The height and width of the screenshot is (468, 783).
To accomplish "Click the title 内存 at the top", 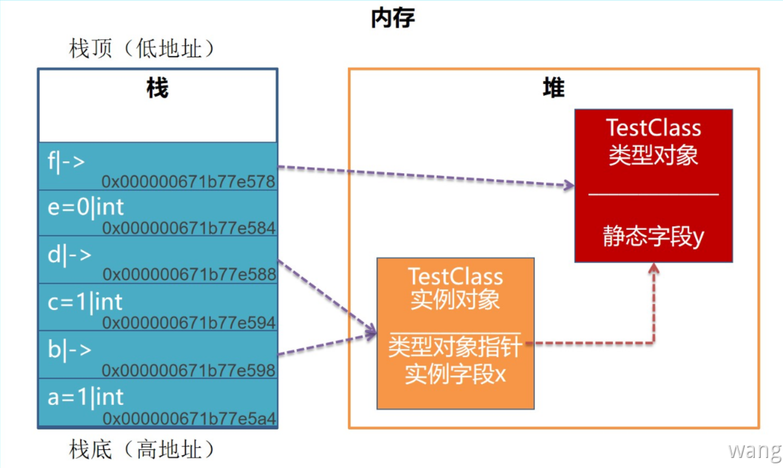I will [392, 18].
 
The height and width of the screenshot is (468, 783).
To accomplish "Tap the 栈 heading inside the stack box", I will [157, 88].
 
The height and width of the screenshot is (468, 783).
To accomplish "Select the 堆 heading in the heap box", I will [553, 88].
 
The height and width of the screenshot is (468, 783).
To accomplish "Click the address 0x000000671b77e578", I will [188, 181].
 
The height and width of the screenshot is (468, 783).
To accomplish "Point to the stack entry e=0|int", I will [85, 207].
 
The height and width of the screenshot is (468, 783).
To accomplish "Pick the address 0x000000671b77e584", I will [189, 228].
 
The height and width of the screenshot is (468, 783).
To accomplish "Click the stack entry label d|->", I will [69, 255].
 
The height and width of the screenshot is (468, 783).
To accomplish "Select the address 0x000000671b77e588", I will [189, 274].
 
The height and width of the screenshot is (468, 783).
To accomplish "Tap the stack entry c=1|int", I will [85, 302].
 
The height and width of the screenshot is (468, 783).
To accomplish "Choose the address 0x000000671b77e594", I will [189, 323].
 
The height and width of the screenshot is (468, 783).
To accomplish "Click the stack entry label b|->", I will [69, 350].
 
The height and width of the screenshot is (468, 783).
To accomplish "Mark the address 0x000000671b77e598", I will [188, 370].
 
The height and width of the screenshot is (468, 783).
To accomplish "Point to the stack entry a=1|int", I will [85, 397].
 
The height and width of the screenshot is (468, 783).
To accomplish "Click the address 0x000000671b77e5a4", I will [189, 419].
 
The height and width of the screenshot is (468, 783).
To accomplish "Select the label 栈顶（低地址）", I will [142, 49].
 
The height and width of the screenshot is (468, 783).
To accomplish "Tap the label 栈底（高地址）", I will [142, 450].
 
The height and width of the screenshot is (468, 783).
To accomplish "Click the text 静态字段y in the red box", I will [653, 237].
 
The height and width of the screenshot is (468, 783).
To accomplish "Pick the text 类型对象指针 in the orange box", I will [455, 348].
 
